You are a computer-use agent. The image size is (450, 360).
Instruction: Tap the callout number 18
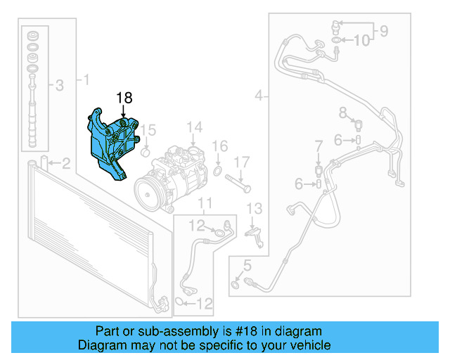point(124,98)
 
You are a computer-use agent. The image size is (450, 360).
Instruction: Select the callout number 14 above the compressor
point(194,127)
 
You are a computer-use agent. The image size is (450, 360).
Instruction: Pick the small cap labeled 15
point(146,152)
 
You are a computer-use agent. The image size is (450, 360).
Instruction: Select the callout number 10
point(361,41)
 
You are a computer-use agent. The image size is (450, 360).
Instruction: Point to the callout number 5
point(247,266)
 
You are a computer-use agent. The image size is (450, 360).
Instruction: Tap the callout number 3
point(59,86)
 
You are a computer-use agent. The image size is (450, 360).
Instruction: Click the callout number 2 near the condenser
point(65,165)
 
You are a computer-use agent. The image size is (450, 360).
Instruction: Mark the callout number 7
point(319,146)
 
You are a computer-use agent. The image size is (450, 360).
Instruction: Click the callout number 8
point(342,112)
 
